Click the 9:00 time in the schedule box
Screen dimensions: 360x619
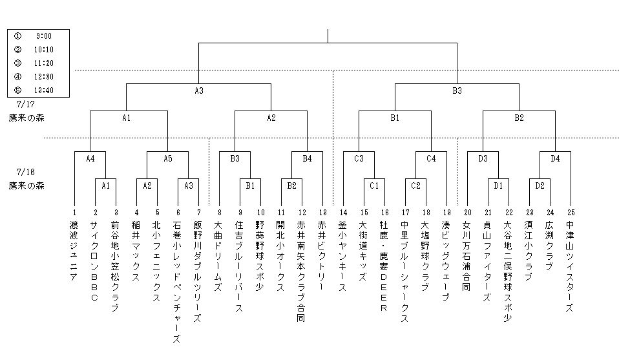pos(44,36)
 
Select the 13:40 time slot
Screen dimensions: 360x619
pos(43,90)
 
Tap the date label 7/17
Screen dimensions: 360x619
pos(25,104)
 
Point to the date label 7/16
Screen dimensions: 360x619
pos(25,172)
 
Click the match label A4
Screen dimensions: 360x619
pos(90,158)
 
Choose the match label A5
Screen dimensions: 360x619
pos(167,158)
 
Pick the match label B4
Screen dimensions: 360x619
pos(307,158)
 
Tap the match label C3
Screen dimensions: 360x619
pos(359,158)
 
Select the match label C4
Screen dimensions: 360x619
pos(431,158)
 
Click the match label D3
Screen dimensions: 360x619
pos(483,158)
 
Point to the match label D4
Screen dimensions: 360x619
pos(555,158)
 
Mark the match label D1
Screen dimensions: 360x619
pos(498,185)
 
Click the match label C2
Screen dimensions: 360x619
pos(415,185)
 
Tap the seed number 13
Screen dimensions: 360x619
pos(322,213)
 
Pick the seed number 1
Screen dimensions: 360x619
pos(74,213)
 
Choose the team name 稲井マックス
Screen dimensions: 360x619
pos(136,249)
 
